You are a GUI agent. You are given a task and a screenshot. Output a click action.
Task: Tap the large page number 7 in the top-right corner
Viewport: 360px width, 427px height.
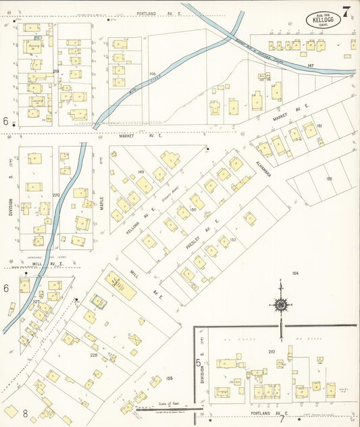(x=346, y=11)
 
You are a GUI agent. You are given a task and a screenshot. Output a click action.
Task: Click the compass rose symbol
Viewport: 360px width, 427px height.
(x=280, y=305)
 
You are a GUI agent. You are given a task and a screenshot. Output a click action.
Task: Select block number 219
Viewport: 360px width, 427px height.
(x=56, y=71)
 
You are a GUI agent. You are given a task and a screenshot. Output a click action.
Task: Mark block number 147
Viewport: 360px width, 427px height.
(x=310, y=66)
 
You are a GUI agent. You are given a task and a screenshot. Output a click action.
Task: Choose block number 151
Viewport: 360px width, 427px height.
(x=319, y=126)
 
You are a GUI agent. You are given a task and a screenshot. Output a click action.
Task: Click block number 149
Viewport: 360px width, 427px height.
(x=140, y=172)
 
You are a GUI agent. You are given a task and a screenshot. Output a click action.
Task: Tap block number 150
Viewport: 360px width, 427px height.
(x=192, y=210)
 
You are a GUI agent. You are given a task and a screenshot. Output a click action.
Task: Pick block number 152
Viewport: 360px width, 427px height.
(x=232, y=240)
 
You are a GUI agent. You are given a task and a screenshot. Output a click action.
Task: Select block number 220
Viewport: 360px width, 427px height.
(x=56, y=195)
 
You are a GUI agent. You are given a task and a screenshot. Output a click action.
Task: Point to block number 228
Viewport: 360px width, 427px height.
(x=94, y=354)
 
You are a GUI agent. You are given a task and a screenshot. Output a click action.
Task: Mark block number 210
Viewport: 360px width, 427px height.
(x=272, y=351)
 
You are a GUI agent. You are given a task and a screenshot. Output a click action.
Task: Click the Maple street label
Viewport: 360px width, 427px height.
(x=102, y=203)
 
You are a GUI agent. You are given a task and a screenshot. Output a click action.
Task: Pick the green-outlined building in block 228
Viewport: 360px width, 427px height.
(x=99, y=301)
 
